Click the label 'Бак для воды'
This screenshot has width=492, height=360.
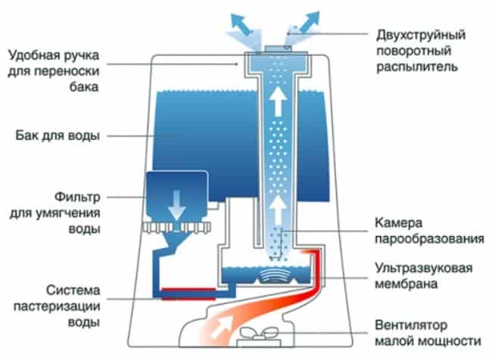[58, 136]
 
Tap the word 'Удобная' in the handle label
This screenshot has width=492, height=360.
[30, 54]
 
